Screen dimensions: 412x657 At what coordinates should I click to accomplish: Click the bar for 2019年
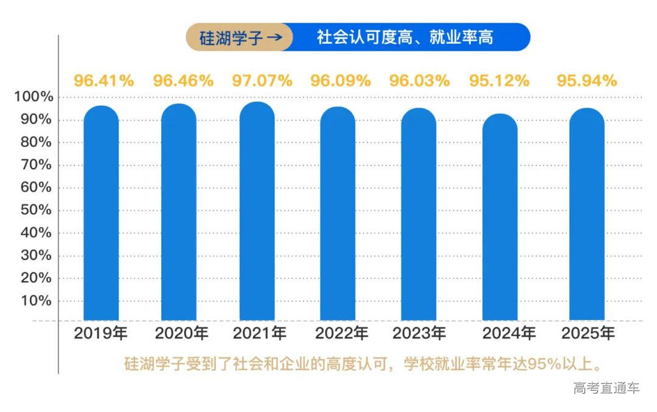click(x=101, y=213)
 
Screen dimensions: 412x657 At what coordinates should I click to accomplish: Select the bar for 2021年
click(x=257, y=211)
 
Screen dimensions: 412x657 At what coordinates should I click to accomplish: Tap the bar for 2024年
click(x=499, y=217)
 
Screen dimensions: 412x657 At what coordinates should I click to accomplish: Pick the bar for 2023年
click(x=419, y=214)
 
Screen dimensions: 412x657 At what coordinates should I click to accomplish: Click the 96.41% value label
click(x=104, y=80)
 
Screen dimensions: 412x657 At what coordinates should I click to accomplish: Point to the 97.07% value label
click(x=262, y=80)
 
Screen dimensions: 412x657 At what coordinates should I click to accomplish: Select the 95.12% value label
click(x=499, y=80)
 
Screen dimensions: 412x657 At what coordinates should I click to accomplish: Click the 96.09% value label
click(x=341, y=80)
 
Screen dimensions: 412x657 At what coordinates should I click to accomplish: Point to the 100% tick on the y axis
click(x=34, y=97)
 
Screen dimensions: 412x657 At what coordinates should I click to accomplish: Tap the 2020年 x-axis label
click(x=181, y=333)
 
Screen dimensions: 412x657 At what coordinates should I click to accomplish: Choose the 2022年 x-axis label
click(x=341, y=333)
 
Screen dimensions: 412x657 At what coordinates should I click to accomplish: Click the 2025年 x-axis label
click(x=588, y=333)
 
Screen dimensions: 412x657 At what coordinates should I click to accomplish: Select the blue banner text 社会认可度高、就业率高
click(x=405, y=38)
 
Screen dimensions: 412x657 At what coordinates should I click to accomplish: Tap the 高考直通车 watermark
click(x=606, y=388)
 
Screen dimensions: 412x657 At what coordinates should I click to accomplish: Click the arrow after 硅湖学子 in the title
click(x=274, y=38)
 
